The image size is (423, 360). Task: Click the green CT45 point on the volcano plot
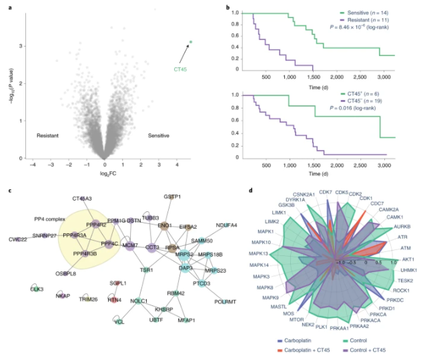(x=191, y=43)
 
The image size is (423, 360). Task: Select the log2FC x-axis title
(x=105, y=173)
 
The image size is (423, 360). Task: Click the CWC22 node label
(x=17, y=239)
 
